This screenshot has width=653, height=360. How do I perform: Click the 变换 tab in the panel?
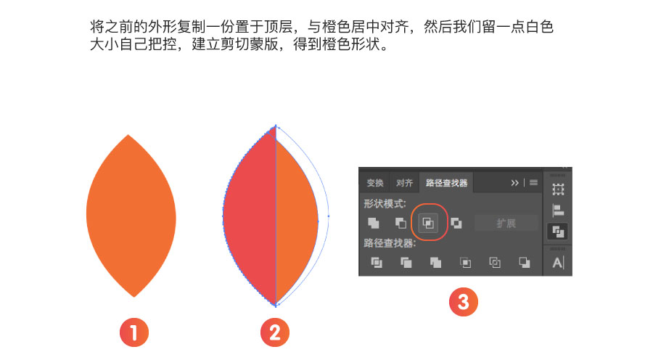(x=375, y=183)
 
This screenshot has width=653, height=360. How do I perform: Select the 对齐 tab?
(x=404, y=183)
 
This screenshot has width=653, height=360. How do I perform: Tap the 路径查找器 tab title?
(x=446, y=183)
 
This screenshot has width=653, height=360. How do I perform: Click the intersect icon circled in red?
(x=428, y=223)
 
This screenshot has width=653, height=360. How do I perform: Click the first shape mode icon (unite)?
(x=374, y=224)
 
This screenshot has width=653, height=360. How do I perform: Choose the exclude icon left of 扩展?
(x=456, y=224)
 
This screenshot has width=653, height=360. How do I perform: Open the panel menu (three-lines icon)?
(x=533, y=182)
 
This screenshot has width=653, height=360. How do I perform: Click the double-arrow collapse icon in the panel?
(x=514, y=182)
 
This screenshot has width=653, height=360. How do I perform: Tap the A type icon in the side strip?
(x=558, y=263)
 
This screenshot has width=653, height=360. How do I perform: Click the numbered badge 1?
(x=134, y=332)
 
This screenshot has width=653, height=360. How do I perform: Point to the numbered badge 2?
(x=275, y=332)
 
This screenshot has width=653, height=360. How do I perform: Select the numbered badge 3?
(x=464, y=302)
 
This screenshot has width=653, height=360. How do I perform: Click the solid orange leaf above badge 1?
(x=131, y=216)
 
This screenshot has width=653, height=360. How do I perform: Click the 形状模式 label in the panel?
(x=385, y=204)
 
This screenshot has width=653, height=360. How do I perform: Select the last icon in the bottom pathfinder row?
(x=525, y=263)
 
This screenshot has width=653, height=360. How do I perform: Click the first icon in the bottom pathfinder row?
(x=377, y=263)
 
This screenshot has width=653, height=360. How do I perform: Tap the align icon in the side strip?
(x=558, y=210)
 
